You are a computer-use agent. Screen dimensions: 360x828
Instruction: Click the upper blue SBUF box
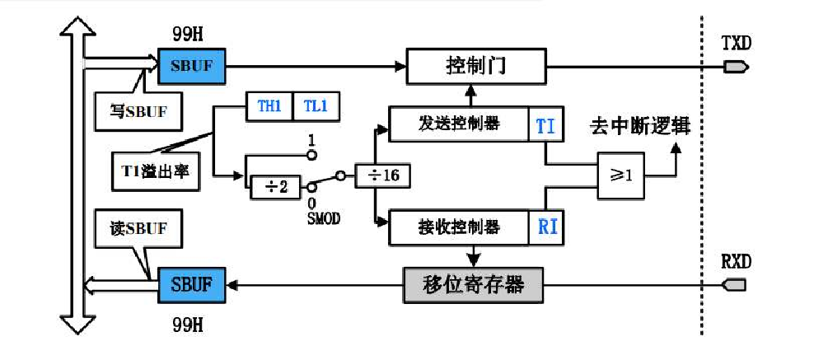[191, 65]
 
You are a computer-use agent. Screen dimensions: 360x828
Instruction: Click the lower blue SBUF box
[191, 285]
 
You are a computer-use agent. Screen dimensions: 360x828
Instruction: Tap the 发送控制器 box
[458, 124]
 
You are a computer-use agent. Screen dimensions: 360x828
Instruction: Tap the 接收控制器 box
[458, 226]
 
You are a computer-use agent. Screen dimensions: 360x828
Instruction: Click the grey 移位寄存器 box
[475, 285]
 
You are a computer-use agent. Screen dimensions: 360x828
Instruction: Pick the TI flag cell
[545, 125]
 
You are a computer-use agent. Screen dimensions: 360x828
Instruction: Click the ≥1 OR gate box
[621, 176]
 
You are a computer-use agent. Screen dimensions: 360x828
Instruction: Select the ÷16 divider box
[383, 176]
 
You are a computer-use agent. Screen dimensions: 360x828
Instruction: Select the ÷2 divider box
[275, 187]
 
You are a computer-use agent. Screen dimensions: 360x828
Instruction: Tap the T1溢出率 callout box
[155, 171]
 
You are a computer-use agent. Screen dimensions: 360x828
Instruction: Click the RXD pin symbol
[734, 285]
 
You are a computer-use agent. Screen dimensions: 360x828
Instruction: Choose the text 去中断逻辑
[639, 127]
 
